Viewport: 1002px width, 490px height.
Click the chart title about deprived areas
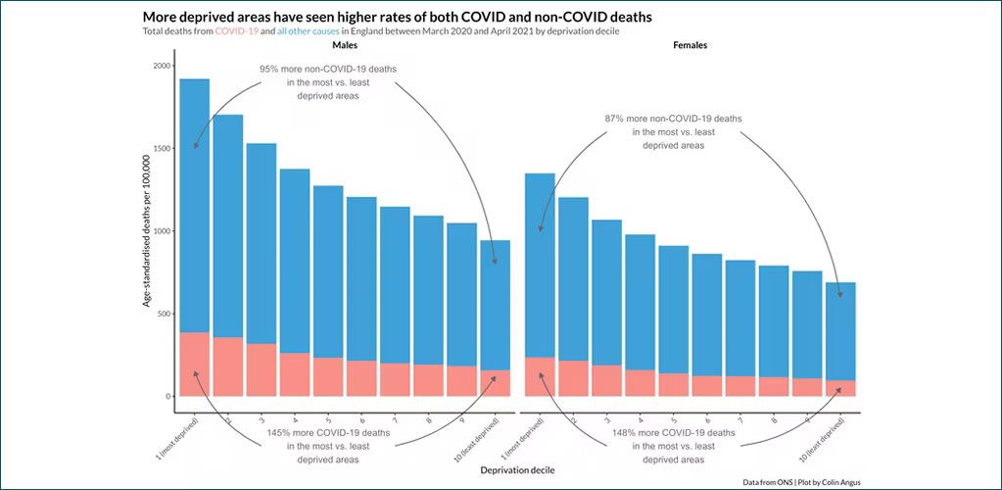pos(397,17)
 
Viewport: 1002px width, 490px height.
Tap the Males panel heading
pos(345,46)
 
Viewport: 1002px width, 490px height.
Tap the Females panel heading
pos(691,46)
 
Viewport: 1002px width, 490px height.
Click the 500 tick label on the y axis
pos(163,314)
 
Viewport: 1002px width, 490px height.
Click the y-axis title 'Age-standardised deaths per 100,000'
pos(147,231)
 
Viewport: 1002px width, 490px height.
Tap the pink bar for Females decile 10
pos(840,388)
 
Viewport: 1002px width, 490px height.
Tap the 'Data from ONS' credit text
pos(802,481)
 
